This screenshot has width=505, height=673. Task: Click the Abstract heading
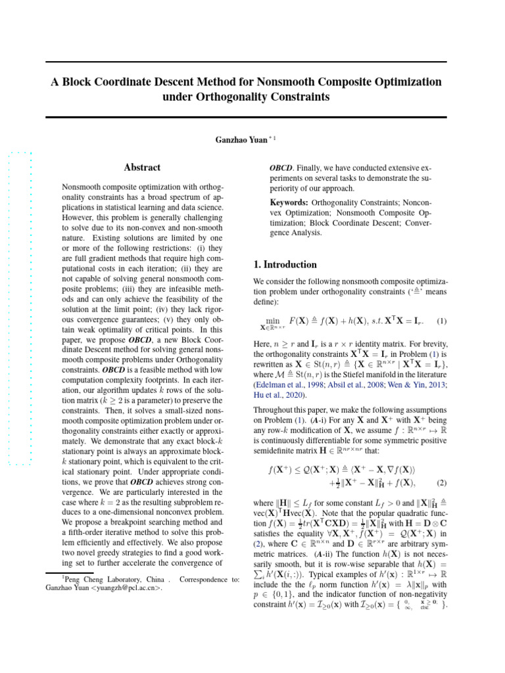point(142,168)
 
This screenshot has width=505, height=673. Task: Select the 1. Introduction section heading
point(285,265)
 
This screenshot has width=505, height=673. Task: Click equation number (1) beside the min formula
point(442,322)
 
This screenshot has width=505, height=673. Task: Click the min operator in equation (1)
point(272,319)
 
